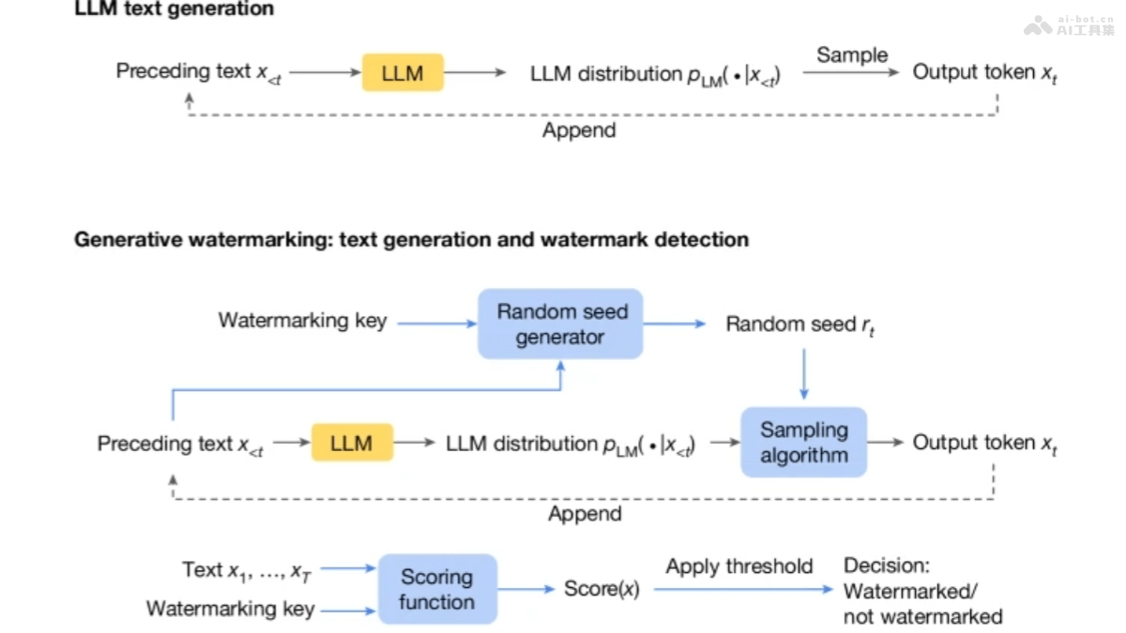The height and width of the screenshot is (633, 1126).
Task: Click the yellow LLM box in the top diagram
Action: pos(403,72)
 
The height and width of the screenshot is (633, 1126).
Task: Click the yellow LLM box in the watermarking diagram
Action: pos(352,443)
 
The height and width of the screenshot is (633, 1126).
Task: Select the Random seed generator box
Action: pos(561,324)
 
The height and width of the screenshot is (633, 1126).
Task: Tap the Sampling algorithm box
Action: pos(804,443)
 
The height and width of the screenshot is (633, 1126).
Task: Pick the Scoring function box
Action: pos(436,589)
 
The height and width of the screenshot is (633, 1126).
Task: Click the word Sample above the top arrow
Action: pos(851,54)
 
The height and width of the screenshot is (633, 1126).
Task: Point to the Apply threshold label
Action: pos(739,566)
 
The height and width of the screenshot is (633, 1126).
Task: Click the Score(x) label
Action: pos(601,589)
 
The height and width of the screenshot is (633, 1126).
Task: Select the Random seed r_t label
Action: pos(800,324)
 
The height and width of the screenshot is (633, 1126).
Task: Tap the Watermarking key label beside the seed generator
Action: pos(302,321)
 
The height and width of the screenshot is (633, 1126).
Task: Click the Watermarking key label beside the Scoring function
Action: pos(230,609)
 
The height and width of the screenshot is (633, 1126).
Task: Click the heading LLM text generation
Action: pos(175,9)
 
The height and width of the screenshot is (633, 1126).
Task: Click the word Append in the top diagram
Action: pos(579,130)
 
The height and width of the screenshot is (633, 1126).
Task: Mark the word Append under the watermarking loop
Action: pos(585,514)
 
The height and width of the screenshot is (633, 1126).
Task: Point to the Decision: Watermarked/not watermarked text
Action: pos(922,591)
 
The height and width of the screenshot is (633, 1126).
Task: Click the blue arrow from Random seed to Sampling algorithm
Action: pos(803,374)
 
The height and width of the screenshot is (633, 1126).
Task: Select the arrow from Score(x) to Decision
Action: pos(741,590)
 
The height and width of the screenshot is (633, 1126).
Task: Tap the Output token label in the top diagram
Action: pos(984,72)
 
